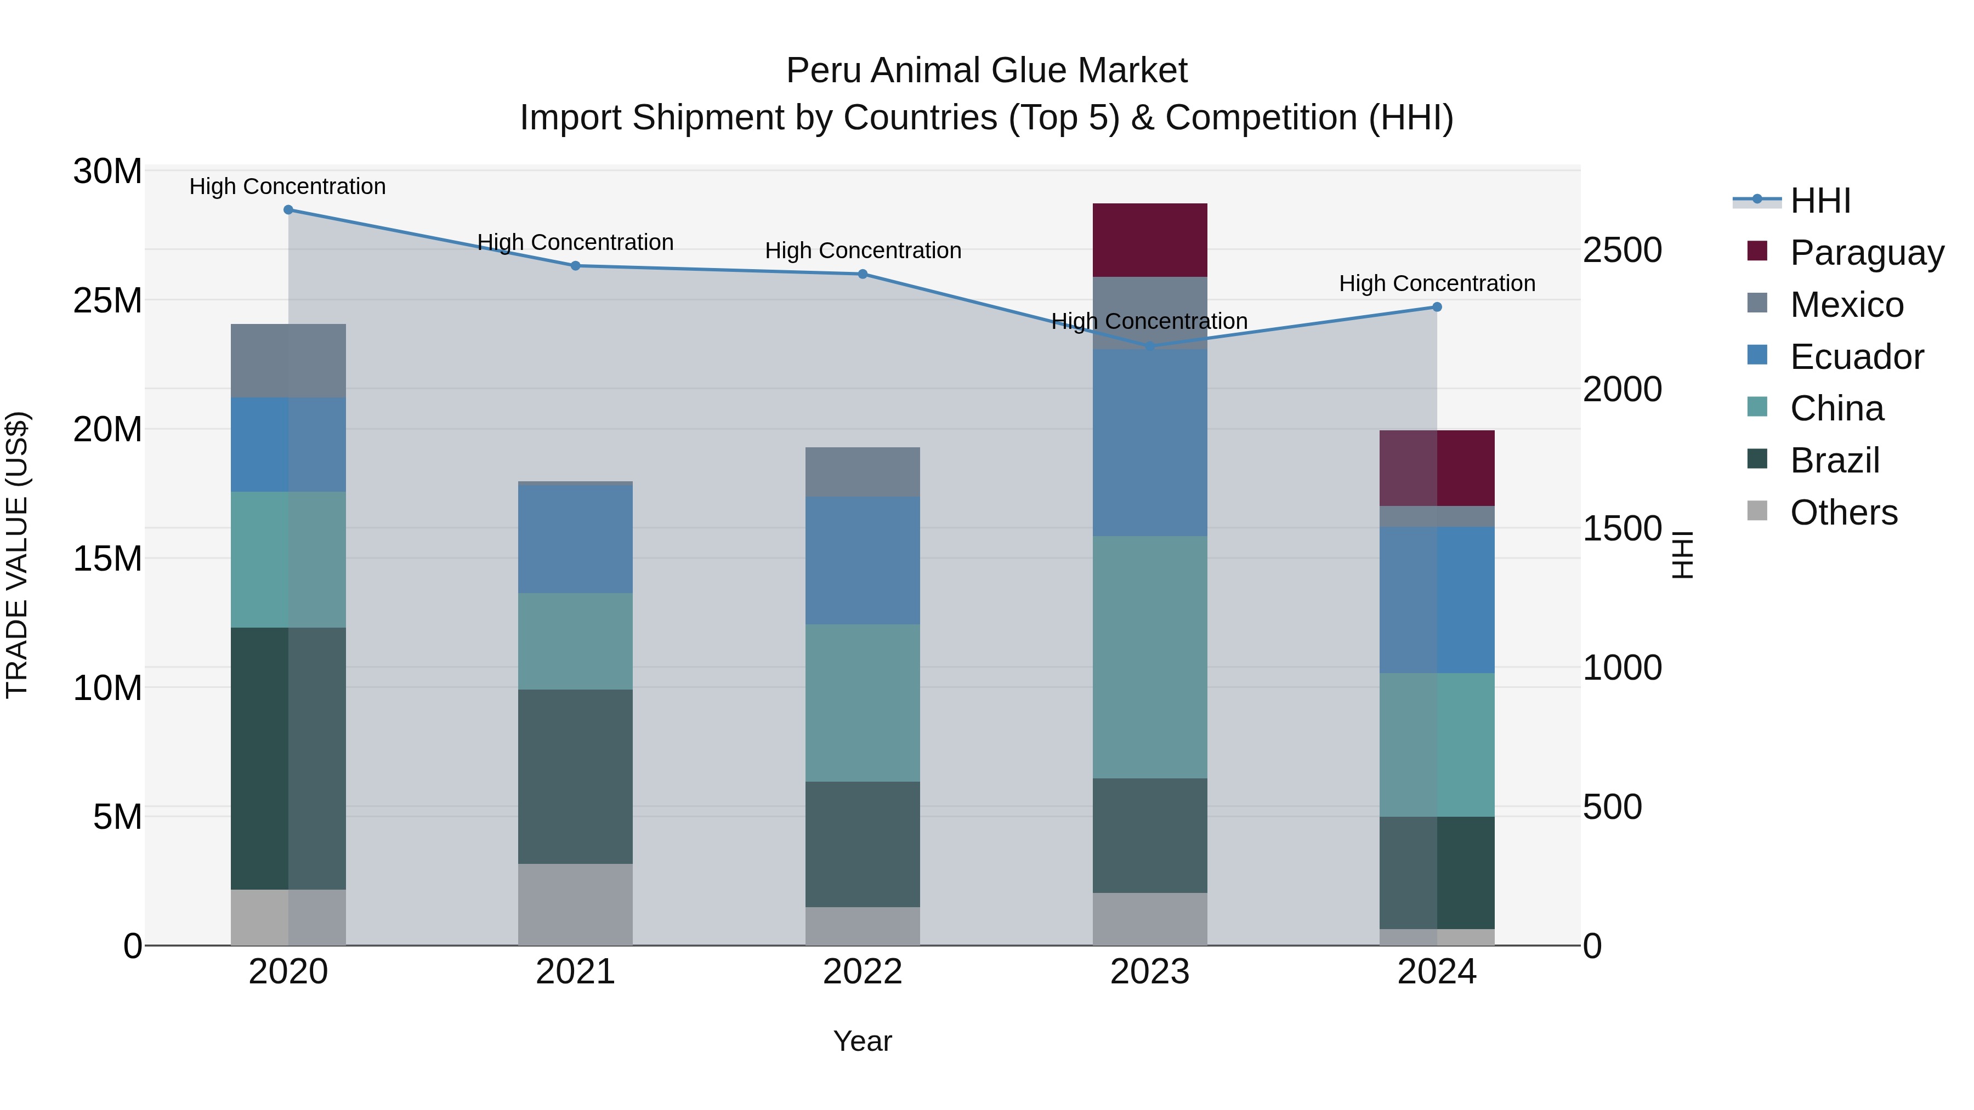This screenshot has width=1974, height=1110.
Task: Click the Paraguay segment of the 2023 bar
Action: point(1149,240)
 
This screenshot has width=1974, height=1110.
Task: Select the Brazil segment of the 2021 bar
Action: point(576,776)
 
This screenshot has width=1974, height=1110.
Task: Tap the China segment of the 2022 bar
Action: point(862,703)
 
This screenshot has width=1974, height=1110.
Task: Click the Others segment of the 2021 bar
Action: point(576,904)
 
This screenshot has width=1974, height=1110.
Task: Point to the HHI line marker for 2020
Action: point(288,210)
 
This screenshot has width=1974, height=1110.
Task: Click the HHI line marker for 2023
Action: point(1149,346)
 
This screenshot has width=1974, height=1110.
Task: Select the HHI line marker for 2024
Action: point(1437,307)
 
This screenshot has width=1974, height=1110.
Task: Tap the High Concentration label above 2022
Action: point(863,251)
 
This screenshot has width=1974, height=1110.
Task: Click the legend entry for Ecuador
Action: point(1856,357)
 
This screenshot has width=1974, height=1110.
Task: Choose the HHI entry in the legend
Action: point(1820,201)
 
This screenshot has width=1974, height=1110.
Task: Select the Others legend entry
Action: point(1843,513)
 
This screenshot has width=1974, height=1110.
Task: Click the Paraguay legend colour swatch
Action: point(1757,251)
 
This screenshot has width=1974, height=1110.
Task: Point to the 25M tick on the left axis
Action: point(107,300)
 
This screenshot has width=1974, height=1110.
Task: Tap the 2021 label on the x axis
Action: point(576,972)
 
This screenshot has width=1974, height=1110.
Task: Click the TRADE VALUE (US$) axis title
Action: point(17,555)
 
